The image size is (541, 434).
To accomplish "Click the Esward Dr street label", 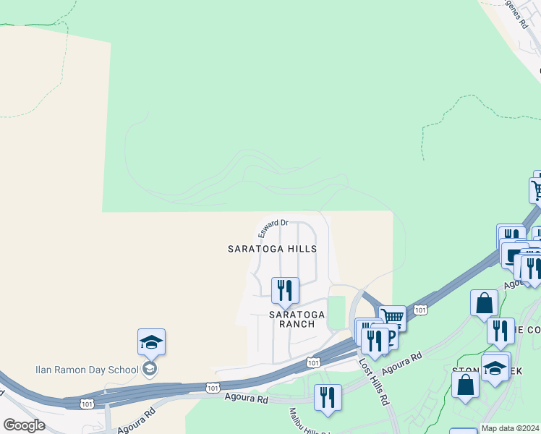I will coord(273,228).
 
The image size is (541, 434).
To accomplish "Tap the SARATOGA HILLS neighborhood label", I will coord(272,249).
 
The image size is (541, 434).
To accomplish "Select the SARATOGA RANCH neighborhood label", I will coord(292,319).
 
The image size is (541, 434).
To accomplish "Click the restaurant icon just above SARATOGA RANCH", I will coord(284,291).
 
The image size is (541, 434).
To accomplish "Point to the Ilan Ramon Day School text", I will coord(87,370).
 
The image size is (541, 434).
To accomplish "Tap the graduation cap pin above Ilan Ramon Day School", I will coord(151,341).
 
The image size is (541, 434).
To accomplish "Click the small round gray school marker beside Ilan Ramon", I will coord(150,370).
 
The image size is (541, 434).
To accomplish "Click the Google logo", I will coord(24,425).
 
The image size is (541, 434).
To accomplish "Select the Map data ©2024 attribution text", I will coord(510,428).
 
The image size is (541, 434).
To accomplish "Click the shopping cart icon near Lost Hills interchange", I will coord(392,317).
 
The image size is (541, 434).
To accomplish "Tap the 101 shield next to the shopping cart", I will coord(421,310).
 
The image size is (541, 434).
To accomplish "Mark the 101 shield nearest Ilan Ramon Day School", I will coord(212,388).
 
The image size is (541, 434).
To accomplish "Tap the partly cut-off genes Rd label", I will coord(518,13).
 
